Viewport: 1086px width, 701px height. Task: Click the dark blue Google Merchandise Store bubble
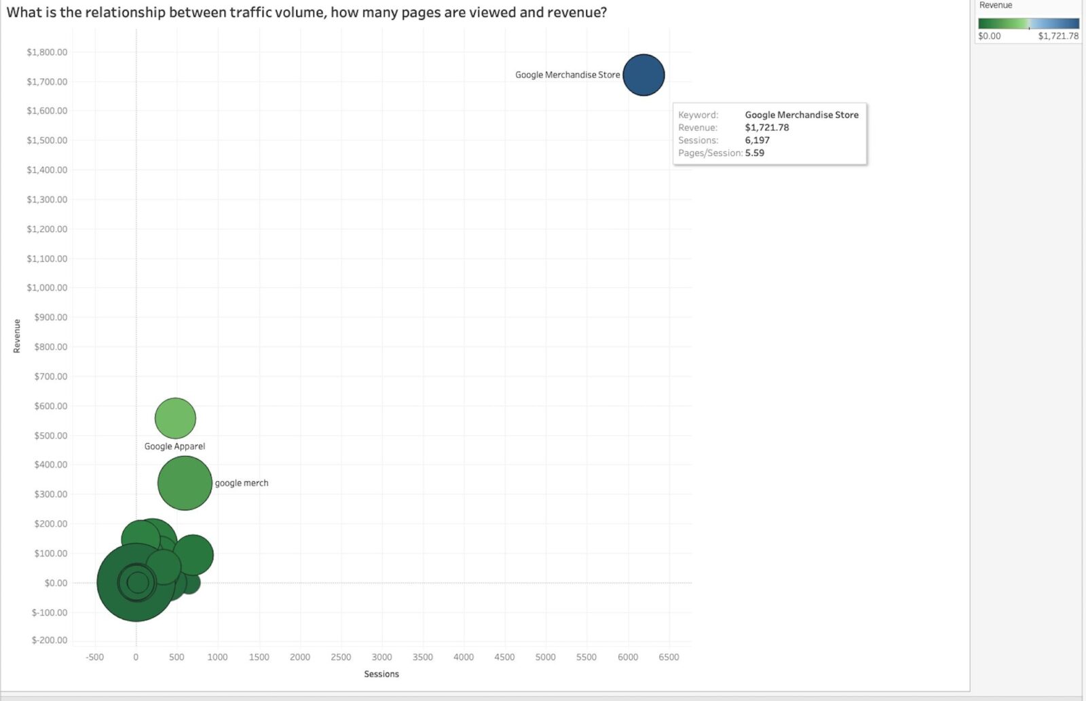(643, 75)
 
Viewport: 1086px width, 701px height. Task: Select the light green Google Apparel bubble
(175, 418)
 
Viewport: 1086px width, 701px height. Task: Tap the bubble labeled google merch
(185, 483)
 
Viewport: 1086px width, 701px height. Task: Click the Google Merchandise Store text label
(567, 75)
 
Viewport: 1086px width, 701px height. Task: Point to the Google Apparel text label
(174, 446)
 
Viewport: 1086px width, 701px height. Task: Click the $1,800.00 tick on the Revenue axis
(47, 52)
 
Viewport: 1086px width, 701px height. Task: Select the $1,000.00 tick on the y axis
(47, 288)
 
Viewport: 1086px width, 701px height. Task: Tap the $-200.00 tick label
(50, 640)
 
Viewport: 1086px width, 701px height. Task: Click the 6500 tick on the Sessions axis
(669, 657)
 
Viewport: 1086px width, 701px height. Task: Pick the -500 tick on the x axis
(95, 657)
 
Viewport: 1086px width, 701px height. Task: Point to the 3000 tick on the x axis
(381, 657)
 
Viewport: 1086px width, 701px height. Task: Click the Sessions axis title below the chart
(381, 674)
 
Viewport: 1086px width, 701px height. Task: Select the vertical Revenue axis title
(17, 336)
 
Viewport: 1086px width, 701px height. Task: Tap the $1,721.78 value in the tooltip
(767, 128)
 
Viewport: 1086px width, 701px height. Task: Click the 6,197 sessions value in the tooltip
(757, 140)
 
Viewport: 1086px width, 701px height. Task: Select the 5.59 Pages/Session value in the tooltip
(755, 153)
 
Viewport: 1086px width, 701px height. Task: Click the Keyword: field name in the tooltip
(698, 115)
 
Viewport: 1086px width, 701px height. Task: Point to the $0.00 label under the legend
(989, 36)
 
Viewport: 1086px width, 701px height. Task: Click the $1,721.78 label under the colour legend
(1057, 36)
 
